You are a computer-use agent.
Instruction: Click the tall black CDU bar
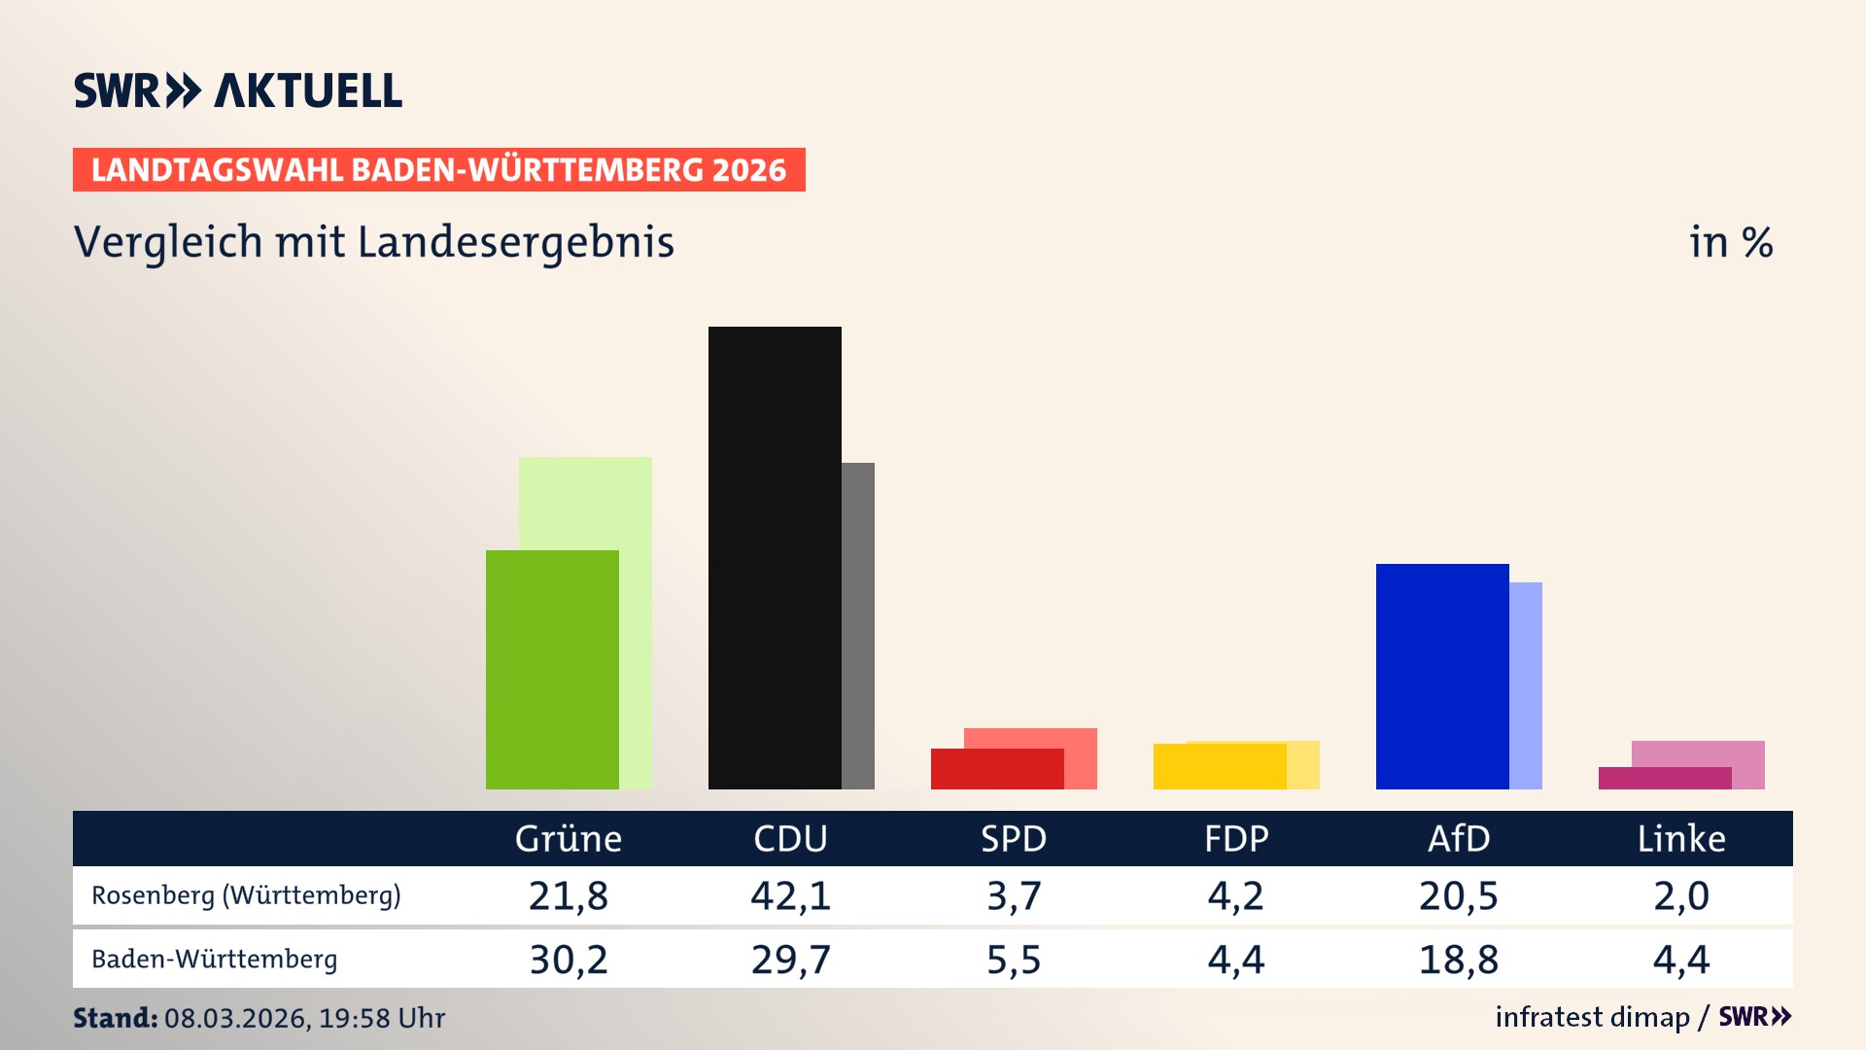(x=775, y=557)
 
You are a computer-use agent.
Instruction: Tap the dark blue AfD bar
(x=1442, y=676)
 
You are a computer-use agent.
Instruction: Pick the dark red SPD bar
(x=997, y=769)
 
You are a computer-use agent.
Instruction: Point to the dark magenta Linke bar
(x=1664, y=779)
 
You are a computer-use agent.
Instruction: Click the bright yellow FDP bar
(x=1220, y=767)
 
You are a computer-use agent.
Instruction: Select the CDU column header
(x=790, y=839)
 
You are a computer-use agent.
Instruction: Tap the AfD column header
(x=1458, y=839)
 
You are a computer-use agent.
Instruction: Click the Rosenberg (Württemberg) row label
(x=246, y=895)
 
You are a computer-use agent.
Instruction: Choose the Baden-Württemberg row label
(x=215, y=960)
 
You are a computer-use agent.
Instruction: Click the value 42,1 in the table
(x=790, y=895)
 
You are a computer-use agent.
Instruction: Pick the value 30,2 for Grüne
(x=568, y=960)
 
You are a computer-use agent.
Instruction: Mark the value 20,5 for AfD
(x=1458, y=895)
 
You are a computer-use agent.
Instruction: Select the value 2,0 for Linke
(x=1680, y=895)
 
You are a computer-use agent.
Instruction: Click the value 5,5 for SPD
(x=1013, y=960)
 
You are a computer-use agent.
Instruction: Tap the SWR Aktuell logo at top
(x=238, y=90)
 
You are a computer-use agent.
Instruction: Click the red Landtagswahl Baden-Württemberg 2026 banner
(x=438, y=170)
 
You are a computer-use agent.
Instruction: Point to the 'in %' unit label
(x=1730, y=242)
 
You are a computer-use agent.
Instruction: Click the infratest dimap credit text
(x=1592, y=1017)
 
